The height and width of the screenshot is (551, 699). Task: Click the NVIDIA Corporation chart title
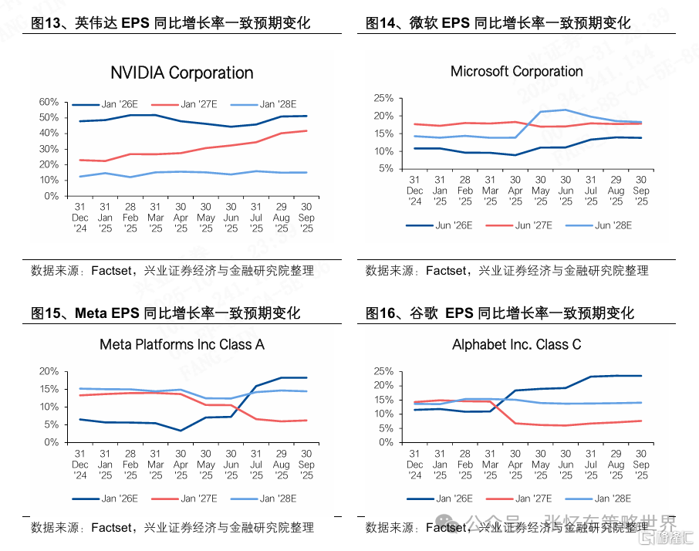(181, 73)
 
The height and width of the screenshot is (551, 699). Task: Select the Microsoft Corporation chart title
(516, 72)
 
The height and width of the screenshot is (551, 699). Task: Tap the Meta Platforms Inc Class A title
(182, 345)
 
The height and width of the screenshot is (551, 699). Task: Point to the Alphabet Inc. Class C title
(516, 345)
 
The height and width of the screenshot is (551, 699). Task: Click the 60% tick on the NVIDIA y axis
(49, 102)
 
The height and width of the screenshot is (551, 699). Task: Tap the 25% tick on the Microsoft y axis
(383, 99)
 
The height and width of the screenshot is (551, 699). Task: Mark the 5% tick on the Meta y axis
(49, 425)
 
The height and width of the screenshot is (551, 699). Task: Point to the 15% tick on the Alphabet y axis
(383, 400)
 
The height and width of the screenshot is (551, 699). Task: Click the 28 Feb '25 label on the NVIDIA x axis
(130, 218)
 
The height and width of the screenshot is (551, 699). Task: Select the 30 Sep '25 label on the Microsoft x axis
(640, 191)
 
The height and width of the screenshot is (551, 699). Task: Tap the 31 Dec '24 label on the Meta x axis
(80, 465)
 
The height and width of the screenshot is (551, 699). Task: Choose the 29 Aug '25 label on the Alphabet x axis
(616, 465)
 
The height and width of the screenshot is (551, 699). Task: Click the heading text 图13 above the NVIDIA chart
(49, 23)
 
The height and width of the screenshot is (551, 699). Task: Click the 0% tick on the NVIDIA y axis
(51, 196)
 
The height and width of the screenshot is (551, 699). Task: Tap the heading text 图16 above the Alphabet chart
(383, 313)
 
